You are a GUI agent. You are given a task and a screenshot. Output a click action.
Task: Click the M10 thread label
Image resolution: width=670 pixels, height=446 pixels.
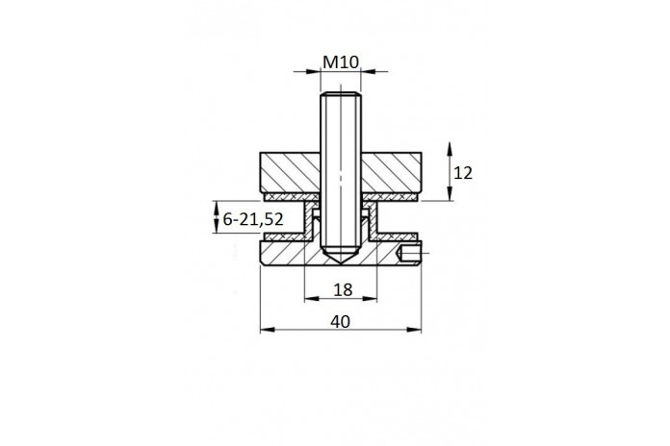tap(341, 62)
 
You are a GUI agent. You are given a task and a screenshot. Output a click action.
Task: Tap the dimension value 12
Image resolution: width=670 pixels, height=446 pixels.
tap(463, 173)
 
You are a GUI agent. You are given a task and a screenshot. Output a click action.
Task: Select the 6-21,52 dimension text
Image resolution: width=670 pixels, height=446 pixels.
tap(253, 219)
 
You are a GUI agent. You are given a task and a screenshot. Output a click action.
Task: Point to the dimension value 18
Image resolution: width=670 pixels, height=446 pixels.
tap(343, 289)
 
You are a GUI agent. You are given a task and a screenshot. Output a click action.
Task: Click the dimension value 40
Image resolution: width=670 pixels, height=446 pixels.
tap(340, 321)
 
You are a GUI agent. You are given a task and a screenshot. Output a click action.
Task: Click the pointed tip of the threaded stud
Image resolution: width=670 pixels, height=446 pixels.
tap(341, 264)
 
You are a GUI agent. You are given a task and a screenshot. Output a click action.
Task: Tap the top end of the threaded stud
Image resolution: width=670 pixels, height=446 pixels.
tap(341, 93)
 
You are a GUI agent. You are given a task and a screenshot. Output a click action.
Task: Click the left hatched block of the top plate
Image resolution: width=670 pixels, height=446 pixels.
tap(290, 172)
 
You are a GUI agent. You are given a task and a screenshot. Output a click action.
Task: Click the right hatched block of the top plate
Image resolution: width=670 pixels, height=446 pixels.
tap(392, 172)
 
